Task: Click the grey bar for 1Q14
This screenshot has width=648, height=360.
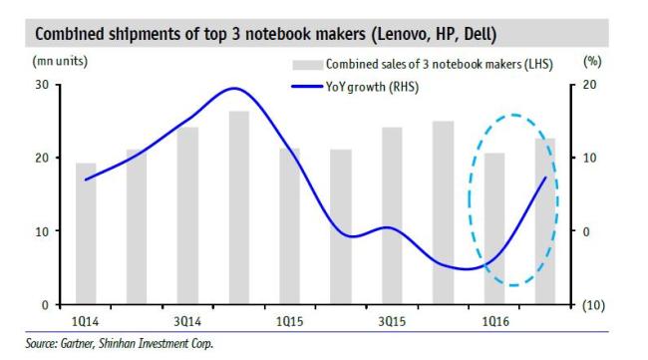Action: coord(86,233)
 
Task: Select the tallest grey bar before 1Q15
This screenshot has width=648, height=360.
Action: coord(239,207)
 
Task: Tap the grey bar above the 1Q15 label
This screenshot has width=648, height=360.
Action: coord(290,226)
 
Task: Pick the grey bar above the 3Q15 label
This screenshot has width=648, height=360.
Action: coord(392,215)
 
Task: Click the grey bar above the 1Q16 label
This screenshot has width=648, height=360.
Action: coord(494,228)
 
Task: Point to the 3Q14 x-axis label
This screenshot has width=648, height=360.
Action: coord(187,321)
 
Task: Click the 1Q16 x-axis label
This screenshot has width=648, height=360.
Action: coord(495,321)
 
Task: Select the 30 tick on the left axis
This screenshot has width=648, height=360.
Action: coord(42,85)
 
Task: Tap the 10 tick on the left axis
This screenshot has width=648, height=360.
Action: coord(42,231)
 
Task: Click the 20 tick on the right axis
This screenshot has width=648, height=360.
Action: coord(590,85)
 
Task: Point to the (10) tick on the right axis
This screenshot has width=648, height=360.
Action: coord(593,305)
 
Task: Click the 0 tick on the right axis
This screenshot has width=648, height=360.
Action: coord(586,232)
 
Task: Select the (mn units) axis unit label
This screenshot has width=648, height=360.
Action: coord(60,61)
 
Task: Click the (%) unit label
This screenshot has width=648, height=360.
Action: coord(592,62)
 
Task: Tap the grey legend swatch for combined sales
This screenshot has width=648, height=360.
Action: coord(307,65)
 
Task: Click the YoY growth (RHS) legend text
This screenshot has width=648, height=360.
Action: coord(372,87)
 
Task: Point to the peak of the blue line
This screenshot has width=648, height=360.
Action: coord(234,88)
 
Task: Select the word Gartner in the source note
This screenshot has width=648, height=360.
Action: coord(78,343)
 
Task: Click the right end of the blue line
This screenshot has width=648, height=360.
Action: coord(546,178)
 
